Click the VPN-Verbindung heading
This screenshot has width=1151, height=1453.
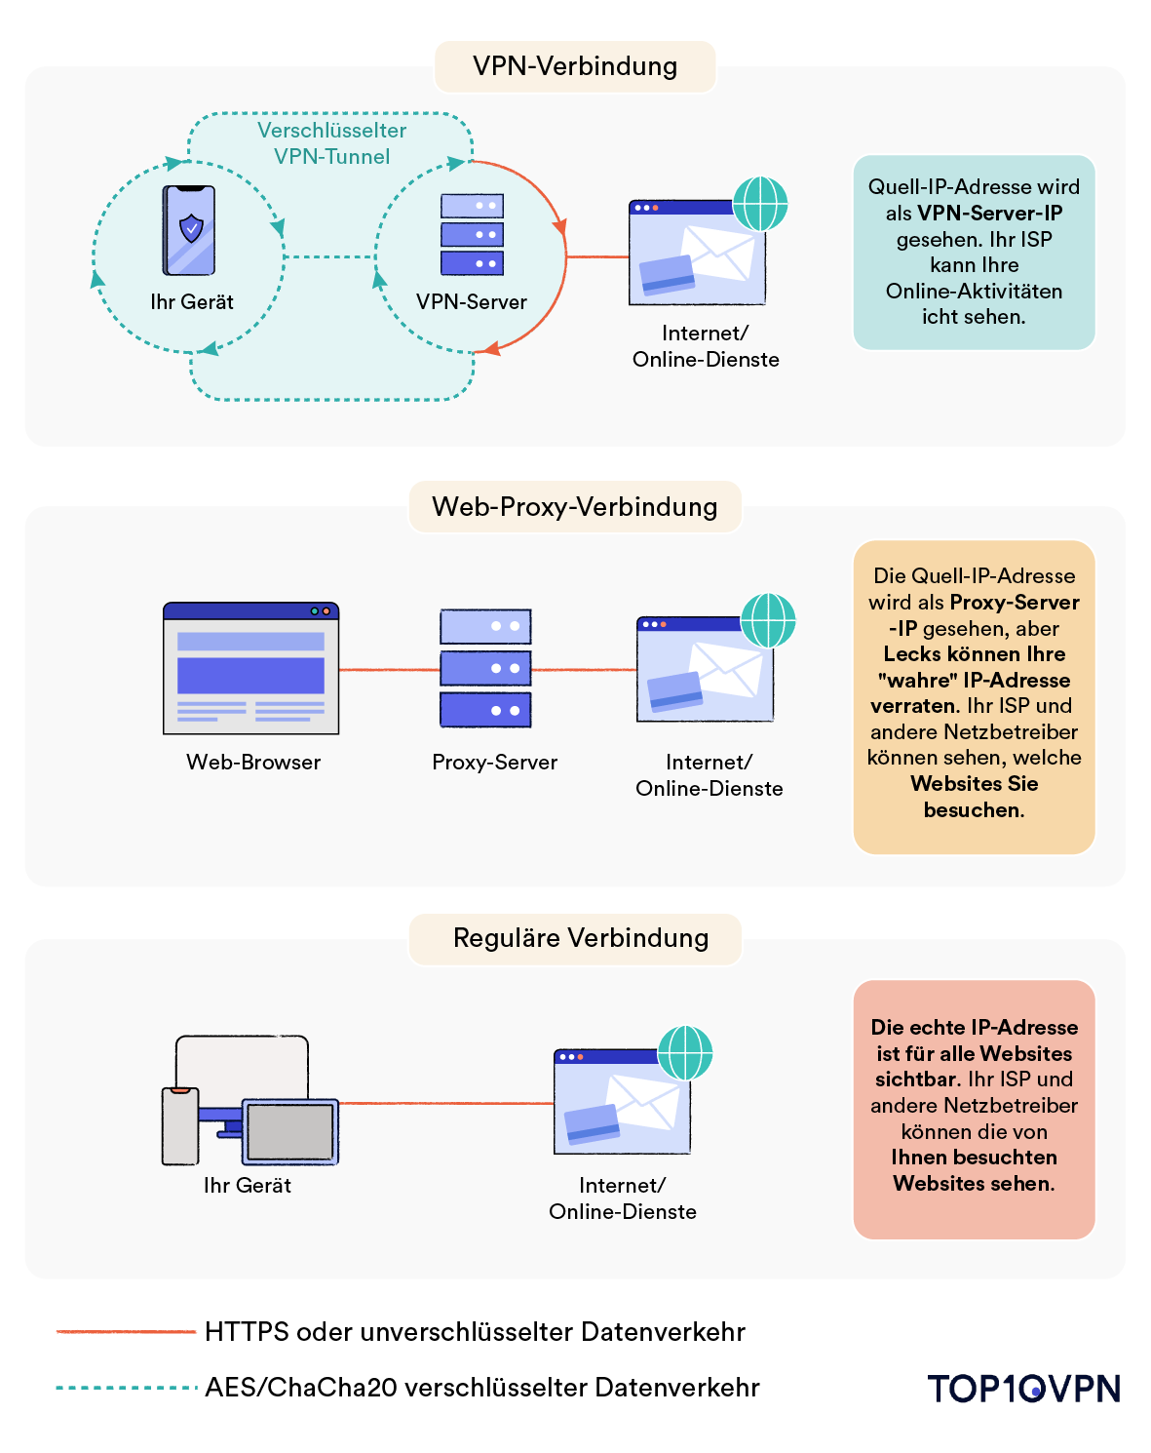pos(575,66)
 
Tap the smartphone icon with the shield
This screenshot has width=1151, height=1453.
pos(189,230)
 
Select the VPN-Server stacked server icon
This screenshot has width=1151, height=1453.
pos(472,234)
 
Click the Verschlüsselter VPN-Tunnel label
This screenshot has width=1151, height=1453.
pos(331,143)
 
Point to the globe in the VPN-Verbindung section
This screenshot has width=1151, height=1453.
pos(760,204)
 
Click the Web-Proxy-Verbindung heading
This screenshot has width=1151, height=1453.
pos(575,507)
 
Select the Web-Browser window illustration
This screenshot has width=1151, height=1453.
pos(251,668)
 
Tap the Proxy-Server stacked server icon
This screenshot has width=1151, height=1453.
pos(485,668)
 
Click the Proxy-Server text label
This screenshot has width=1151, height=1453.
pos(494,763)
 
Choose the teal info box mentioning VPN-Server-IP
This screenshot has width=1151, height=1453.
pos(974,252)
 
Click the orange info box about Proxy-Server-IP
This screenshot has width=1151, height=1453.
pos(974,696)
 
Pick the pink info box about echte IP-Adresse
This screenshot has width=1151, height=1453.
pos(974,1109)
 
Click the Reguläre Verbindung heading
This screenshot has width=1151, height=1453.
pos(581,938)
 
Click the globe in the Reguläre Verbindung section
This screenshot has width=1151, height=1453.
pos(685,1053)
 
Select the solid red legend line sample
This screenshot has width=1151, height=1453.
pos(126,1332)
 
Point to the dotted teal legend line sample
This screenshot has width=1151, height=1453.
pos(126,1388)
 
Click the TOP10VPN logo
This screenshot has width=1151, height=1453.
pos(1023,1389)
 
